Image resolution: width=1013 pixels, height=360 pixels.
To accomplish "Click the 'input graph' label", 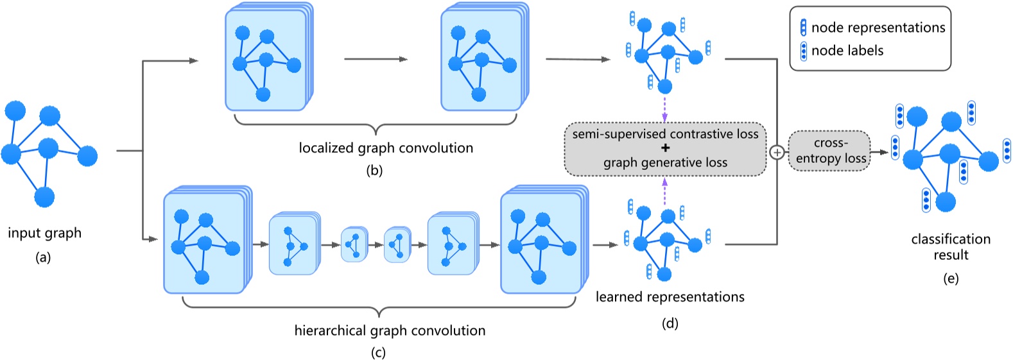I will tap(44, 233).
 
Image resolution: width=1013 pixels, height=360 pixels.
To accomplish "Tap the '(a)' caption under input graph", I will tap(44, 258).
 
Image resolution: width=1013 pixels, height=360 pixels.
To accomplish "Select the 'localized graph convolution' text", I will tap(386, 148).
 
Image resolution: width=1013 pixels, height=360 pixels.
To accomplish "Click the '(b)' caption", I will tap(374, 171).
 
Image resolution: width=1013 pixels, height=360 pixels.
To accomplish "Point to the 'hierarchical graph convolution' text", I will tap(390, 331).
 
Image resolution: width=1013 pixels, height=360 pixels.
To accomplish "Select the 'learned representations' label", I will tap(670, 297).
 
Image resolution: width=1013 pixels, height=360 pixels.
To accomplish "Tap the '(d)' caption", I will tap(670, 323).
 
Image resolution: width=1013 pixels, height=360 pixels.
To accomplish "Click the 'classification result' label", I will tap(950, 247).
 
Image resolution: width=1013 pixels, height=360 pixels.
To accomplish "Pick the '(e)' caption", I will tap(950, 279).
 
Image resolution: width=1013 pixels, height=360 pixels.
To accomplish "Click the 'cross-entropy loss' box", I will tap(829, 151).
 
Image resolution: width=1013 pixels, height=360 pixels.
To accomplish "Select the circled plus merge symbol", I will tap(777, 152).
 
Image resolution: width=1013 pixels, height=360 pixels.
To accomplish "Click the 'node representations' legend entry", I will tap(878, 28).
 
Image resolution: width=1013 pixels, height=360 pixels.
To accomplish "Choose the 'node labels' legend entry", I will tap(847, 51).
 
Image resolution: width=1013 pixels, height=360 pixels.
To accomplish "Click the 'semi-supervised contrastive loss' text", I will tap(665, 134).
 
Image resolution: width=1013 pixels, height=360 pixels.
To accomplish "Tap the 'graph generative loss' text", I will tap(665, 163).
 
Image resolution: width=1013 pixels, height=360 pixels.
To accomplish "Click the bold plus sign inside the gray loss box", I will tap(665, 148).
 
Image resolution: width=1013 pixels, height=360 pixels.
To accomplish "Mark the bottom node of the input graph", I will tap(44, 197).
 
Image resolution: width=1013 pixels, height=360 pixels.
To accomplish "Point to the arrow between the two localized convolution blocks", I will tap(376, 59).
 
